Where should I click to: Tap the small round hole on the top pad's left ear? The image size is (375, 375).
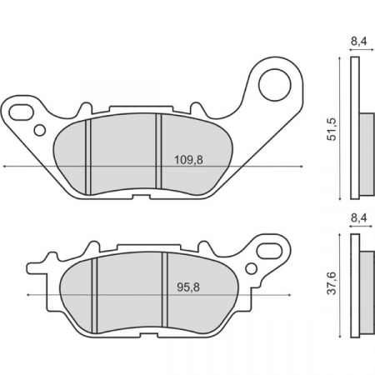[x=38, y=130]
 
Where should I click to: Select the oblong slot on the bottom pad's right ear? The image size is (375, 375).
[x=272, y=249]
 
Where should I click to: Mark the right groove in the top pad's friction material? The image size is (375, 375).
[x=158, y=154]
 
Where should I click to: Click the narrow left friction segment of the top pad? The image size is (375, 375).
[x=72, y=158]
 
